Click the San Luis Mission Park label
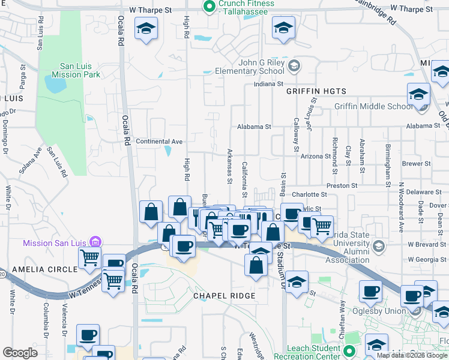click(x=76, y=70)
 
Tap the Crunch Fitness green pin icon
click(x=209, y=7)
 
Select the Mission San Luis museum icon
click(x=95, y=242)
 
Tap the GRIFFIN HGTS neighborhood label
click(x=316, y=91)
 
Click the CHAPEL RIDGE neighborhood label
click(x=224, y=296)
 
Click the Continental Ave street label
click(x=160, y=142)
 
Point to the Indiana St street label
click(x=268, y=85)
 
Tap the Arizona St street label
click(x=316, y=156)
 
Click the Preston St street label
click(x=342, y=186)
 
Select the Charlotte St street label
click(x=309, y=194)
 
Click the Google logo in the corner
click(x=20, y=353)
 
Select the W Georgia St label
click(x=427, y=260)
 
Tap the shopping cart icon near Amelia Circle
click(x=89, y=258)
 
